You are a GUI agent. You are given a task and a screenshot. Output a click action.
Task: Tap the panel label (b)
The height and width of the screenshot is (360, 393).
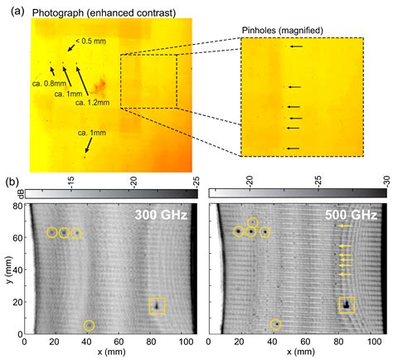tap(12, 181)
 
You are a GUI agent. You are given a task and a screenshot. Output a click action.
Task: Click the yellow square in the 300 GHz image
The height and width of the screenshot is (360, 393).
tap(157, 305)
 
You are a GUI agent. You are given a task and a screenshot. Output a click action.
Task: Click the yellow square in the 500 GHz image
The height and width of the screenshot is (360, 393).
tap(347, 304)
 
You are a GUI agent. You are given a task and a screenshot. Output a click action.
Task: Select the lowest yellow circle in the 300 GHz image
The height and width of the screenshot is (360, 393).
tap(90, 325)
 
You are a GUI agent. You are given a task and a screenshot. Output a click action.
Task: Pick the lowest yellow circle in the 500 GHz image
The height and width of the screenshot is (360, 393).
tap(276, 324)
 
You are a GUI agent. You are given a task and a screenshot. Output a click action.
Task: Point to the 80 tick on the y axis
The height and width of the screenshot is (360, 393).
tap(18, 206)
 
